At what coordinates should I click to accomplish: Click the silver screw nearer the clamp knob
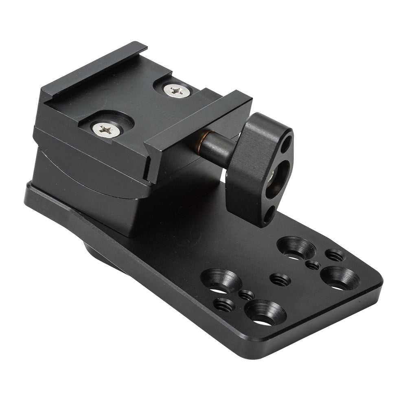[177, 91]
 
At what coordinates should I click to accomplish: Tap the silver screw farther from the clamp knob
[106, 130]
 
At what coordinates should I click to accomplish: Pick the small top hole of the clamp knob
[287, 144]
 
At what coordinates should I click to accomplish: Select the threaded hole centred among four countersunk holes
[280, 280]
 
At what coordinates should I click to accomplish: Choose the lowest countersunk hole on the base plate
[265, 313]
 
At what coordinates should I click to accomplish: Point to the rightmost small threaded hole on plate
[335, 256]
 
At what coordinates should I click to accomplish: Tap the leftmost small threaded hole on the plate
[224, 304]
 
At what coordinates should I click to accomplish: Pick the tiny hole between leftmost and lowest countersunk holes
[246, 295]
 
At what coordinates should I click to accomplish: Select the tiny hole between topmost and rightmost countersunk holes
[313, 265]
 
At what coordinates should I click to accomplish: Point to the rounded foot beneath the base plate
[102, 254]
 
